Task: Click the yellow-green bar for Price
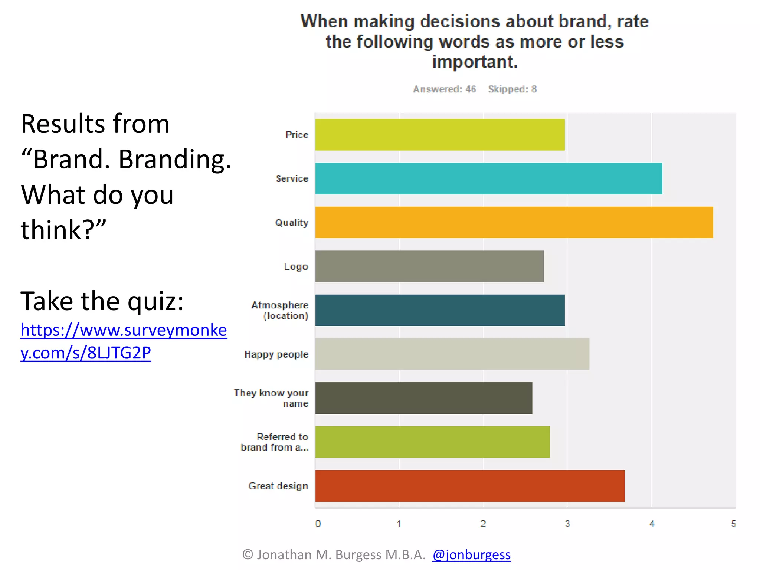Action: coord(440,135)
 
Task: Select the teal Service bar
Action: coord(488,178)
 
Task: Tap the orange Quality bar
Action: coord(514,222)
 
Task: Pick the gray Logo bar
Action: coord(429,266)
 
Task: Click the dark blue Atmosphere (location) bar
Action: coord(440,310)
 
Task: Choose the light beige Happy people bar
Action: coord(452,354)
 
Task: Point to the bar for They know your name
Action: coord(423,398)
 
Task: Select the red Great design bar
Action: coord(470,486)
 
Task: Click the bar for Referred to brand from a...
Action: coord(432,442)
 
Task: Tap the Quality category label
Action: coord(292,223)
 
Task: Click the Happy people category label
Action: coord(276,354)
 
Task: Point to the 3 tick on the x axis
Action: coord(567,524)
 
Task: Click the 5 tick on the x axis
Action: coord(734,524)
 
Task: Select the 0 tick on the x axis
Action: coord(318,524)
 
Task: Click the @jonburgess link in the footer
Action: coord(471,554)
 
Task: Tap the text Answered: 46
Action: coord(444,89)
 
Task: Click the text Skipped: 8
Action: coord(512,89)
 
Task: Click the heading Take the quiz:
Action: coord(102,301)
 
